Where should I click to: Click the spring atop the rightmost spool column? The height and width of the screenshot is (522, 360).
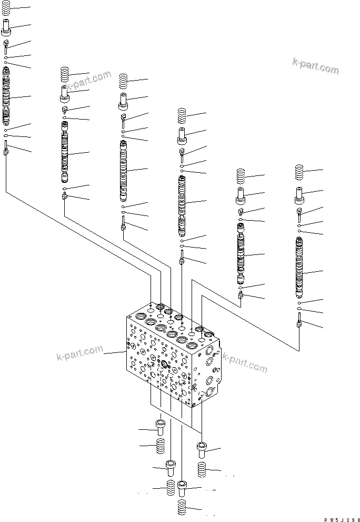pyautogui.click(x=299, y=172)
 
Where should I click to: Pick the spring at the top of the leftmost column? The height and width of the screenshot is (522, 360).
pyautogui.click(x=6, y=8)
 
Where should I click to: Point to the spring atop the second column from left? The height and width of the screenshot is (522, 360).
pyautogui.click(x=65, y=74)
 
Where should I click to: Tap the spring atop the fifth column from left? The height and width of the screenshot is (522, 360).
pyautogui.click(x=241, y=176)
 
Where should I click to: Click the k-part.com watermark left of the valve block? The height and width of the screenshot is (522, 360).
pyautogui.click(x=79, y=354)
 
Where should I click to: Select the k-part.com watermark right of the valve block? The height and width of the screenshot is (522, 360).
pyautogui.click(x=244, y=363)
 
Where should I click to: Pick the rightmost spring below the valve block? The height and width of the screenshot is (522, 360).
pyautogui.click(x=201, y=469)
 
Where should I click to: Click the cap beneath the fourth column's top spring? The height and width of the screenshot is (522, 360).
pyautogui.click(x=182, y=135)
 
